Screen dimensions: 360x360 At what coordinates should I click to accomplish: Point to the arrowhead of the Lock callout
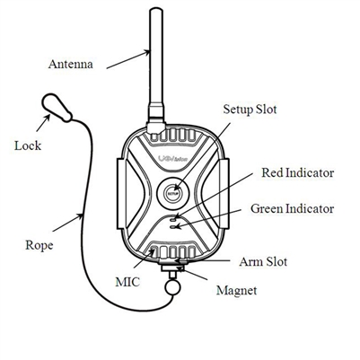[x=44, y=119]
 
